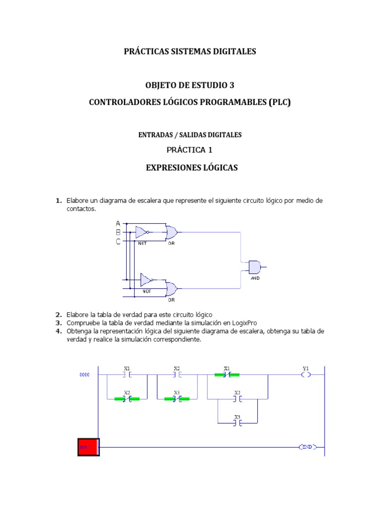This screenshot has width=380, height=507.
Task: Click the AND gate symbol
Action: (x=254, y=267)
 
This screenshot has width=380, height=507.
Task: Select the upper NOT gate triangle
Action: (x=142, y=232)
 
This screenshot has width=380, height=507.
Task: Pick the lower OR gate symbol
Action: (x=172, y=289)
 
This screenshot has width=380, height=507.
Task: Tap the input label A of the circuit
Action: (x=118, y=223)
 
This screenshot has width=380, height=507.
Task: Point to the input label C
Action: (x=118, y=241)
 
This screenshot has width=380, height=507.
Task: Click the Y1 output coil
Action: (x=305, y=375)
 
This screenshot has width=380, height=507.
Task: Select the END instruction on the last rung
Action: (x=307, y=447)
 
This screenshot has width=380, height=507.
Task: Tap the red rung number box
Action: (x=89, y=447)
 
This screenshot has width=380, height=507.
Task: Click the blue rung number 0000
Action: (x=85, y=375)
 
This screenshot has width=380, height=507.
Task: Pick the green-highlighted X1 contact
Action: (x=227, y=375)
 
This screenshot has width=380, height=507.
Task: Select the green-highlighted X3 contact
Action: (x=177, y=399)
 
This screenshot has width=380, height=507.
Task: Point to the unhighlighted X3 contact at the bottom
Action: (x=237, y=423)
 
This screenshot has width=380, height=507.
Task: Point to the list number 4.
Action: (x=58, y=331)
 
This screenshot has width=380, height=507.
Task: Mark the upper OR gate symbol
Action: (x=172, y=232)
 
